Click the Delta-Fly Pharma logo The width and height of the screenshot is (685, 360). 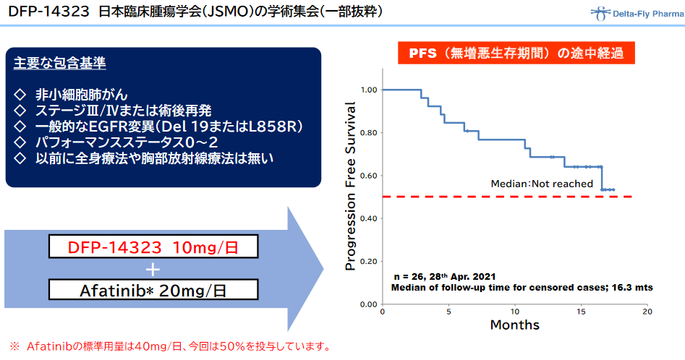[637, 14]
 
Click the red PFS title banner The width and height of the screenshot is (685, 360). [516, 53]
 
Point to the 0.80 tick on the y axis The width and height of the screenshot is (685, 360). [369, 133]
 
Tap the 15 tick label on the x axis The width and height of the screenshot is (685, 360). [581, 312]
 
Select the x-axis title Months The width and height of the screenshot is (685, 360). [514, 325]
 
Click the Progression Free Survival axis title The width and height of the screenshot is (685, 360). [350, 186]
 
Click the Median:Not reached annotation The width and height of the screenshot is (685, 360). [542, 184]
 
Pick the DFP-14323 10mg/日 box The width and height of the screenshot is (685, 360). [153, 247]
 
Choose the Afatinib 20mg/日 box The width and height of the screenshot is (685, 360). [153, 290]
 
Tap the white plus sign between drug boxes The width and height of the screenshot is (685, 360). [153, 270]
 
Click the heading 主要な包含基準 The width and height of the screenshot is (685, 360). [60, 64]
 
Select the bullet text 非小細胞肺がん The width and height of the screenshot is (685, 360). [81, 95]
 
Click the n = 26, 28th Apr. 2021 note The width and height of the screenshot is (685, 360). [445, 276]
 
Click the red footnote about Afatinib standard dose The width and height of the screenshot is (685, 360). [171, 346]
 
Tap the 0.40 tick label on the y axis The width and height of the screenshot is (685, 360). [369, 218]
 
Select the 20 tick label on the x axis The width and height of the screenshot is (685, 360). [647, 312]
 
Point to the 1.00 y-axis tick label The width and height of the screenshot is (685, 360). [369, 90]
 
